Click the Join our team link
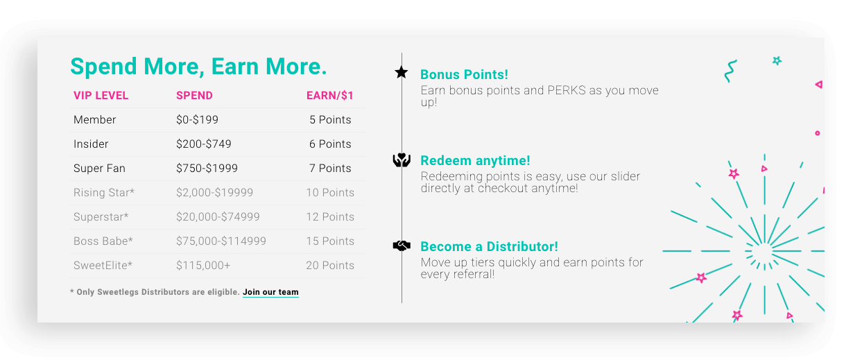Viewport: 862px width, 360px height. pyautogui.click(x=270, y=292)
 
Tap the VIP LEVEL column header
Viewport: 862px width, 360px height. pyautogui.click(x=101, y=96)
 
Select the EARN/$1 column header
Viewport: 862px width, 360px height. pyautogui.click(x=330, y=96)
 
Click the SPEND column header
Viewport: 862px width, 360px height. pyautogui.click(x=194, y=96)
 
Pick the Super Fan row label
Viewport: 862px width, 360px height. pyautogui.click(x=99, y=169)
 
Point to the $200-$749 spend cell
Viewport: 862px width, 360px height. pyautogui.click(x=204, y=144)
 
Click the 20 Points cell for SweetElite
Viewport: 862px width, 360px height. pyautogui.click(x=330, y=265)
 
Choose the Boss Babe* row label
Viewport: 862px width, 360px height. pyautogui.click(x=103, y=241)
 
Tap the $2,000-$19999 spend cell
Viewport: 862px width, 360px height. pyautogui.click(x=215, y=193)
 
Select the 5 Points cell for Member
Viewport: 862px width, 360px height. pyautogui.click(x=330, y=120)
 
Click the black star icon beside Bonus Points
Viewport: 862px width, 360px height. pyautogui.click(x=402, y=72)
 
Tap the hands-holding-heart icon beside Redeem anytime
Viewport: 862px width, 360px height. pyautogui.click(x=402, y=160)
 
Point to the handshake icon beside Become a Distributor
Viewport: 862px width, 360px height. pyautogui.click(x=402, y=246)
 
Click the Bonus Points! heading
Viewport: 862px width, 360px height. pyautogui.click(x=464, y=74)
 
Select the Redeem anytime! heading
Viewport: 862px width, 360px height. pyautogui.click(x=475, y=160)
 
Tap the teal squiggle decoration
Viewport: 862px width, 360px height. pyautogui.click(x=730, y=71)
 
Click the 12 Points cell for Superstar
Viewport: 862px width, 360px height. pyautogui.click(x=330, y=217)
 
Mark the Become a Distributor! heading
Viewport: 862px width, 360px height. pyautogui.click(x=489, y=246)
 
